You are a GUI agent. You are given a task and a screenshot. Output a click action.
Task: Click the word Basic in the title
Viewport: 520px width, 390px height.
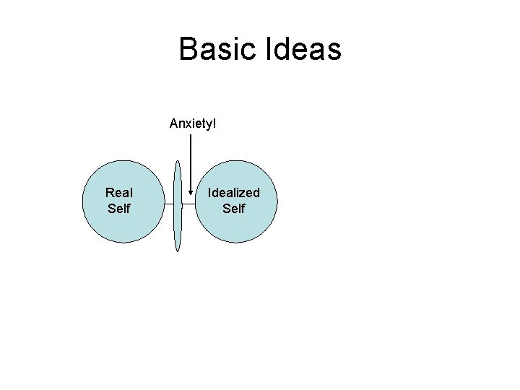[217, 49]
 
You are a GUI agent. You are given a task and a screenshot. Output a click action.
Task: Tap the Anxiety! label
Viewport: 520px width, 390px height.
[193, 123]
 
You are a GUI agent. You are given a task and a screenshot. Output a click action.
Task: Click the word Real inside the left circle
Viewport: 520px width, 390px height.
[119, 193]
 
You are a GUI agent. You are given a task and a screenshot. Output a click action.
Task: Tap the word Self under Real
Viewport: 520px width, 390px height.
[119, 209]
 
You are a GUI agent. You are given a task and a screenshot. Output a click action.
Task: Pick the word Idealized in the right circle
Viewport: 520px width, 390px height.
[234, 193]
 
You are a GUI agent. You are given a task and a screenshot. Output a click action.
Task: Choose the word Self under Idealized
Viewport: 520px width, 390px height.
[234, 209]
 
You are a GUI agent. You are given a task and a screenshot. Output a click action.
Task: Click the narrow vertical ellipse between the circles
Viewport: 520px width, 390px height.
[178, 217]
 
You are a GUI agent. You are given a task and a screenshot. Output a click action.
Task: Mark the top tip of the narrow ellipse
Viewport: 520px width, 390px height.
[178, 161]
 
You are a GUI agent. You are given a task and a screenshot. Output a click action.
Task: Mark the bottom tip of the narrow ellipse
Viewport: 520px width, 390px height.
[178, 251]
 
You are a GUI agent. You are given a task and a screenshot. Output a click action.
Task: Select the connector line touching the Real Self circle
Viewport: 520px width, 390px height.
[168, 204]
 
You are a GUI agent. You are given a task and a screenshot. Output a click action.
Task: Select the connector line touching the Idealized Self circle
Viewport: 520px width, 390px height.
[189, 204]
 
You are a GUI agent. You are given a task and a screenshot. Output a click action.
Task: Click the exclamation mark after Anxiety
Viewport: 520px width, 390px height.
[214, 123]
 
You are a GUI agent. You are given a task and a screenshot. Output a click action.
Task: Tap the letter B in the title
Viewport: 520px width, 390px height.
[188, 49]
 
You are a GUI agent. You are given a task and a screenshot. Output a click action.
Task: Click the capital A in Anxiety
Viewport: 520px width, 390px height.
[174, 123]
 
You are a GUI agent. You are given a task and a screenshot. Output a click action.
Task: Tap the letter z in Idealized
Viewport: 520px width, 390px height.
[247, 193]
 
